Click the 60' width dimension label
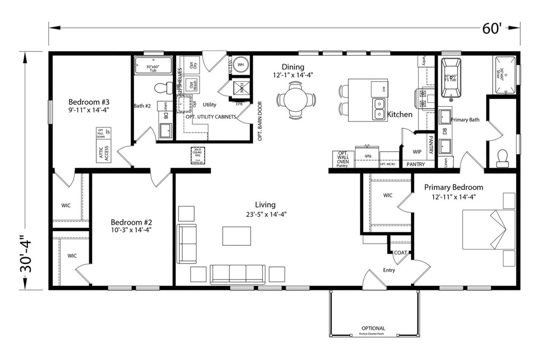[491, 28]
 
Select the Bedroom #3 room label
[89, 102]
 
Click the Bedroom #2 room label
[131, 222]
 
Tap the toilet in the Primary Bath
[503, 159]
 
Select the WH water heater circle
[241, 65]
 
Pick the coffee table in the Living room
[236, 236]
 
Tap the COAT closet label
[400, 253]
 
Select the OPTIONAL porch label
[373, 328]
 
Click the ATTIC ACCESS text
[104, 154]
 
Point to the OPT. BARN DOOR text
[260, 121]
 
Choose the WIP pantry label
[417, 152]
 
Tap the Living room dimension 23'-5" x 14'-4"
[265, 215]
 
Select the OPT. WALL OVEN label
[343, 157]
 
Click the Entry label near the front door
[389, 270]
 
